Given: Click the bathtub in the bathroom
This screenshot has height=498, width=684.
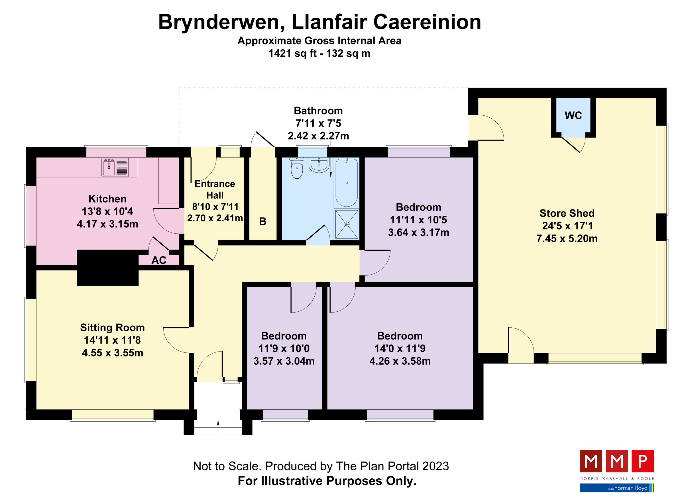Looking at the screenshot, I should tap(347, 183).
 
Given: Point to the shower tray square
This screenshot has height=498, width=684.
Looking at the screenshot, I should tap(347, 224).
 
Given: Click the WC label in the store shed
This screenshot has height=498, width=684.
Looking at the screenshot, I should tap(573, 115).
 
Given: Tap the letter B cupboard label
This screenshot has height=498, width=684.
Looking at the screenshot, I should tap(263, 222).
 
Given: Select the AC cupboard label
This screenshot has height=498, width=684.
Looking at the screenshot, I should tap(159, 260).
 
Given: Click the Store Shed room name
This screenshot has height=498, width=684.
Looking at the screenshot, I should tap(567, 213).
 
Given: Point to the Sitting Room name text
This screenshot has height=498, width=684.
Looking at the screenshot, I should tap(112, 327).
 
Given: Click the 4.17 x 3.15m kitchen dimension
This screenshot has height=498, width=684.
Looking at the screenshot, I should tap(107, 224).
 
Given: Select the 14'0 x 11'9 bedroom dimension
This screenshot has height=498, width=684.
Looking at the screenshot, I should tap(400, 348).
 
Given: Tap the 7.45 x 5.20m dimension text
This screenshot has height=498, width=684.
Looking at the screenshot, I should tap(567, 238).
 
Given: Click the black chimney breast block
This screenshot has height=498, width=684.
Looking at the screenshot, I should tap(108, 268).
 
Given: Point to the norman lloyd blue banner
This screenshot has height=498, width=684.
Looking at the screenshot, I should tap(616, 488).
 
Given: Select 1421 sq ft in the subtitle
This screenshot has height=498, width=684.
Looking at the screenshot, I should tap(292, 53).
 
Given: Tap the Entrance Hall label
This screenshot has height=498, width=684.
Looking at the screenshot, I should tap(215, 189).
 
